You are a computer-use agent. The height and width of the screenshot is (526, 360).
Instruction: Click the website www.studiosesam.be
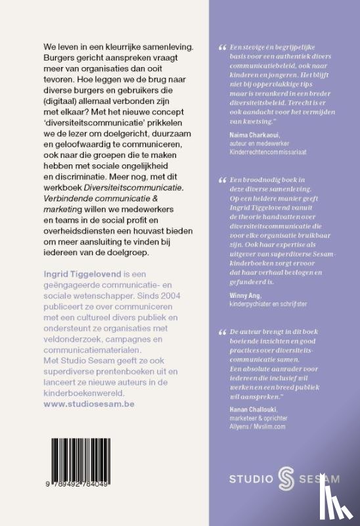coord(89,404)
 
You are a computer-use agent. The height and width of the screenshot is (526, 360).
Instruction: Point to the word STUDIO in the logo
coord(250,479)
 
